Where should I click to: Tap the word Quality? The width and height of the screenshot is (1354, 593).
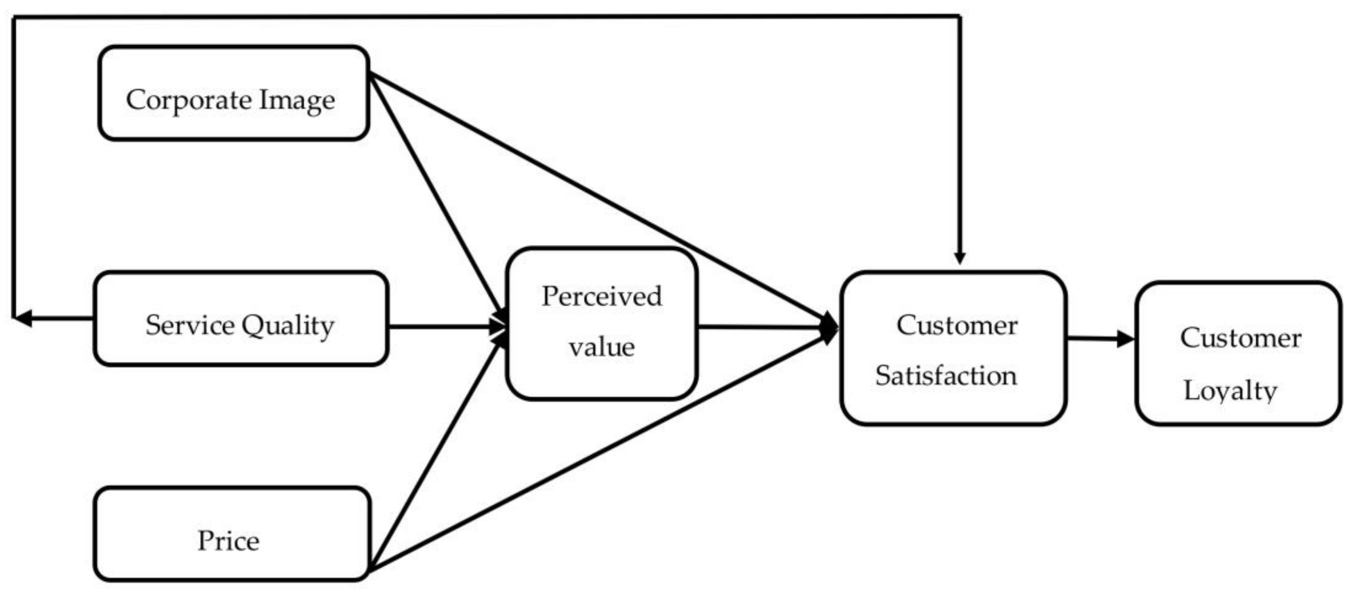coord(288,326)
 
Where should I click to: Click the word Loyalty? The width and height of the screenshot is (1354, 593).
coord(1230,391)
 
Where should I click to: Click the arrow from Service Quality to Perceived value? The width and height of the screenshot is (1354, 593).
coord(442,327)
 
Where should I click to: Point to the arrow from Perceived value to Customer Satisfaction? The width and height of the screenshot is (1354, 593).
coord(762,327)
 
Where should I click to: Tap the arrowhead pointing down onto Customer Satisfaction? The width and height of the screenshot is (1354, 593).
coord(959,257)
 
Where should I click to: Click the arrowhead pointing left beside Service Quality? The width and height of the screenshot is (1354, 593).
coord(22,318)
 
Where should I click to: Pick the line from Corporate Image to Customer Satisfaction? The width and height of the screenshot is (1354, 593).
coord(599,197)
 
